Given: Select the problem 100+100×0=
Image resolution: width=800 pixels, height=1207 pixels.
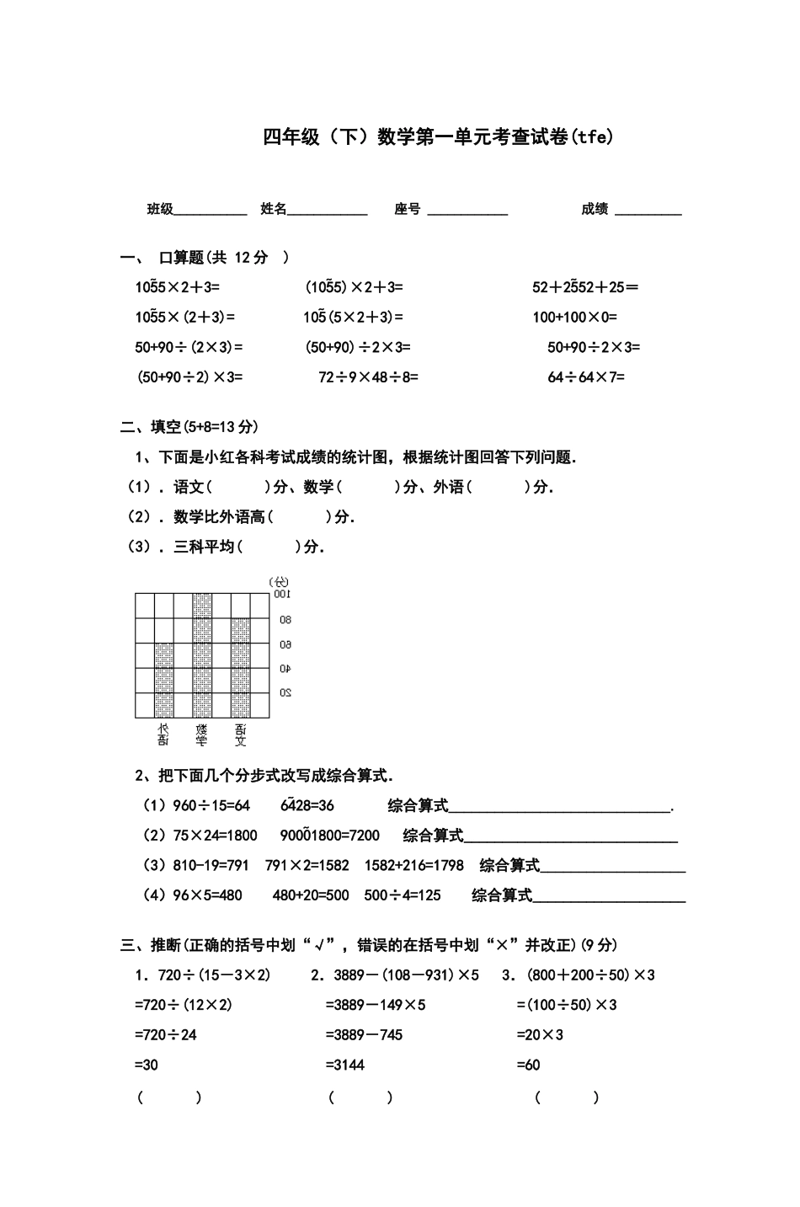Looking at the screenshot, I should (x=574, y=318).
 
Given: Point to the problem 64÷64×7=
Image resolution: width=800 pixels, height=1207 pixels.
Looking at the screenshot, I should (x=586, y=377).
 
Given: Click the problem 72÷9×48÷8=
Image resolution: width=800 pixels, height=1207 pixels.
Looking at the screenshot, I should (x=368, y=377).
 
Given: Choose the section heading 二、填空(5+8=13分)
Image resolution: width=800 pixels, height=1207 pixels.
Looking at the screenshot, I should (x=189, y=427).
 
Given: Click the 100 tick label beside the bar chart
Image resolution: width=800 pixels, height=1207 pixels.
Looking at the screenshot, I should (x=280, y=595).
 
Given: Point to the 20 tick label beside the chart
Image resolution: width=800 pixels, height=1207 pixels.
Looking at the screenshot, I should (x=285, y=693).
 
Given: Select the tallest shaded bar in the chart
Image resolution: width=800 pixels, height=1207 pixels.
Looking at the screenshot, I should (x=202, y=655).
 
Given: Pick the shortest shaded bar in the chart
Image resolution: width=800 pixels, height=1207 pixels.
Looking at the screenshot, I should (x=163, y=681).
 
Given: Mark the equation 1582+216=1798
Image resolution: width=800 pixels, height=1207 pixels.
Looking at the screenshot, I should (x=413, y=866).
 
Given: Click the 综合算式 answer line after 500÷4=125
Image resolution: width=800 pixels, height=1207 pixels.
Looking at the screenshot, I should (x=610, y=899).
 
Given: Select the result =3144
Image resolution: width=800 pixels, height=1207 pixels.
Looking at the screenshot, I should (x=345, y=1065).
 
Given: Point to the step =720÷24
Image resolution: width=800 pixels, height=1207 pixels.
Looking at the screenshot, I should (x=165, y=1035).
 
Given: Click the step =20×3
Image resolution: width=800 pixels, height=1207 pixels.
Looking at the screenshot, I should (x=540, y=1035).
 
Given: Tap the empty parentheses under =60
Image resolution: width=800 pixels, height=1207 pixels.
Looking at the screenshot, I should (x=567, y=1098).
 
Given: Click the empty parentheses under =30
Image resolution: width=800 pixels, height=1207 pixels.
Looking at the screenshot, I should (x=169, y=1098).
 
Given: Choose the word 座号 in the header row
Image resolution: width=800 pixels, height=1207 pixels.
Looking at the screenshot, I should (x=407, y=209).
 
